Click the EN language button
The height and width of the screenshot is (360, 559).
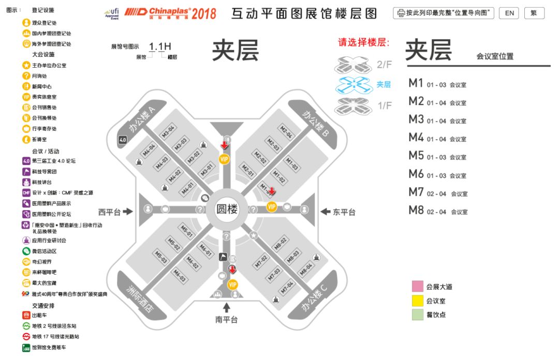point(509,13)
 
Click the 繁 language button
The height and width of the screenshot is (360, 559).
point(534,13)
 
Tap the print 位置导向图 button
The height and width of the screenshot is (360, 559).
point(444,13)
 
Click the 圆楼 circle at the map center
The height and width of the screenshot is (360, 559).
point(227,210)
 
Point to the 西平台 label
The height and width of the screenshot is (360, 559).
point(110,212)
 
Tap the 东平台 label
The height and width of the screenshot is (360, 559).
point(344,212)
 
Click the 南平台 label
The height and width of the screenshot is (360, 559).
point(226,320)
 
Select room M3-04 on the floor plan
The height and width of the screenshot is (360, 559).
point(169,131)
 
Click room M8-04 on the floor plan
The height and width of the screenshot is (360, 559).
point(306,268)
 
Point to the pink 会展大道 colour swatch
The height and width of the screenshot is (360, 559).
point(418,287)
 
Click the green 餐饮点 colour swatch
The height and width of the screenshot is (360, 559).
point(418,314)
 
